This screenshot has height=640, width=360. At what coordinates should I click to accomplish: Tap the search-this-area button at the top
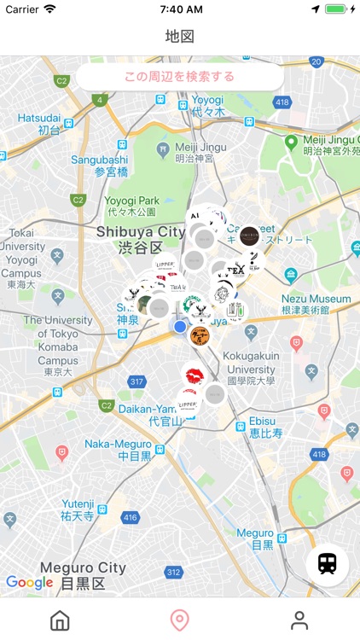tap(179, 77)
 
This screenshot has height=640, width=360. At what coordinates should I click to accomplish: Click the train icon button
tap(327, 564)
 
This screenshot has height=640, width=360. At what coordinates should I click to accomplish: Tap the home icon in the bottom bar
tap(60, 620)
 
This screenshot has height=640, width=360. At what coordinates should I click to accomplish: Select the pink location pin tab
tap(179, 620)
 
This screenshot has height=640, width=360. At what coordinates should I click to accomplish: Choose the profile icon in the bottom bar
tap(299, 620)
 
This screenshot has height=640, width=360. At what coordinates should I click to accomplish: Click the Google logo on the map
tap(30, 583)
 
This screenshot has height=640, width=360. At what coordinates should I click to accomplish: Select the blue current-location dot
tap(180, 326)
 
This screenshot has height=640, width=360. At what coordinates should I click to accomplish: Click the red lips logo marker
tap(193, 375)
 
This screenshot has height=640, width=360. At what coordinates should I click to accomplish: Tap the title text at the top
tap(180, 37)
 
